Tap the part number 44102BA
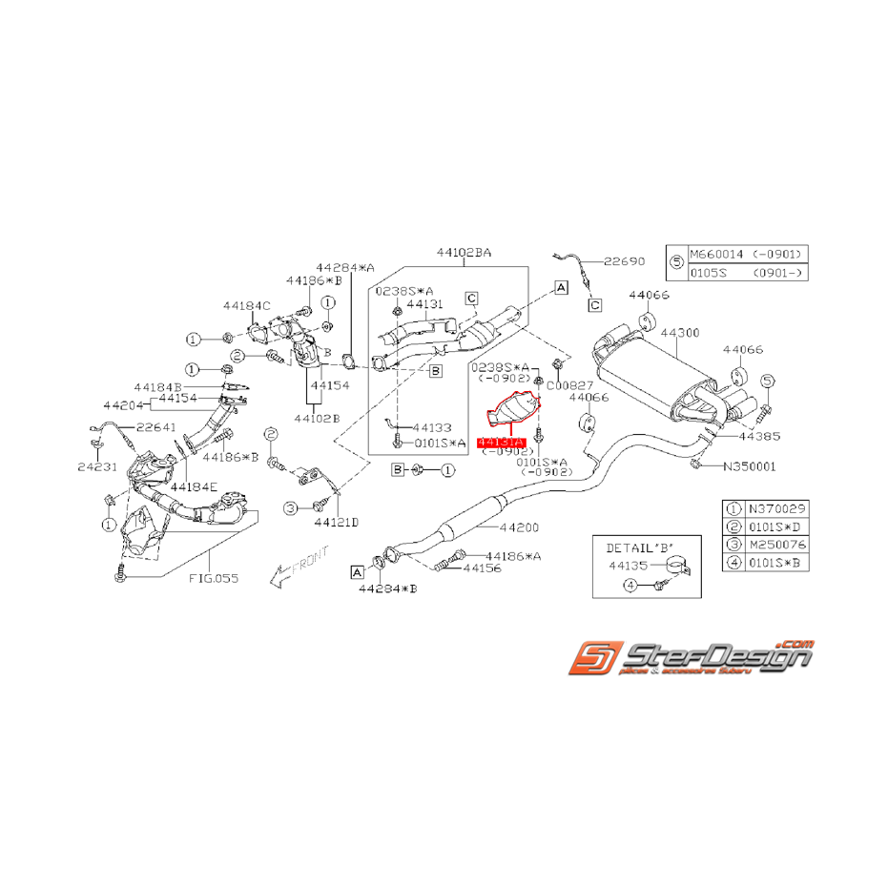(465, 253)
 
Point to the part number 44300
(681, 333)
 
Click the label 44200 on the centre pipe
(520, 527)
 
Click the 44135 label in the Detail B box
(629, 566)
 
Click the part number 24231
(96, 466)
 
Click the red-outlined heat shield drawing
(514, 412)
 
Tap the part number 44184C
(247, 306)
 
